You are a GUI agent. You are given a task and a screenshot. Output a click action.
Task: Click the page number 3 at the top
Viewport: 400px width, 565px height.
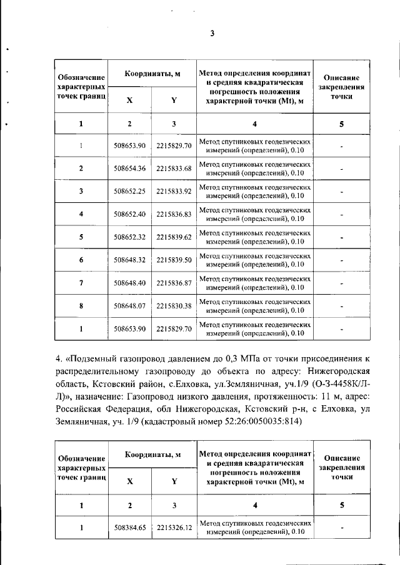point(212,34)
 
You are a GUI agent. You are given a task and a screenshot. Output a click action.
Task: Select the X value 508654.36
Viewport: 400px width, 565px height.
point(130,169)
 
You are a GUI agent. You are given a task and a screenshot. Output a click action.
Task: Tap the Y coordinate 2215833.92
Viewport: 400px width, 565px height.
point(174,191)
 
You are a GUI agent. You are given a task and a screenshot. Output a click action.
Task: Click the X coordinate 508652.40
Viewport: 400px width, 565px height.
point(130,214)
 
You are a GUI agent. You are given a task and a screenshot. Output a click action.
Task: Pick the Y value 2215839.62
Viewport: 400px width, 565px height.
point(174,237)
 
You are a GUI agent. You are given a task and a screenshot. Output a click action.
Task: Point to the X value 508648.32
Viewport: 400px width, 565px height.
point(130,260)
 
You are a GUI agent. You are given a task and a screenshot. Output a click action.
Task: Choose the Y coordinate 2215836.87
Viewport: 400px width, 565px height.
point(174,283)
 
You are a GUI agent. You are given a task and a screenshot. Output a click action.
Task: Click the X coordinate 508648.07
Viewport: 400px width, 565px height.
point(130,306)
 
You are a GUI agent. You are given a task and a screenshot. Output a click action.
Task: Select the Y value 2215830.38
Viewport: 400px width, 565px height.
point(174,306)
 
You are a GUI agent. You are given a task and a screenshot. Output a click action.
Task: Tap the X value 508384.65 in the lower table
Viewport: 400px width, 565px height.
point(130,528)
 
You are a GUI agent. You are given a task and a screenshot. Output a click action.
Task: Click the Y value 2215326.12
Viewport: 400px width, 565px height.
point(174,528)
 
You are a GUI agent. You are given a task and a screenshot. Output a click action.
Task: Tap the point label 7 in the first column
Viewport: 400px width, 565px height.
point(81,283)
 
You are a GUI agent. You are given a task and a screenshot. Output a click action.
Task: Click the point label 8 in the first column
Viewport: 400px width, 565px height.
point(81,306)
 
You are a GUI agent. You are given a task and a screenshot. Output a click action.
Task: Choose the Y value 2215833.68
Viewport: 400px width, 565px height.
point(174,169)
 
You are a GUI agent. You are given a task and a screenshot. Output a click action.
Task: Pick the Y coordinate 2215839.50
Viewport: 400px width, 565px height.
point(174,260)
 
